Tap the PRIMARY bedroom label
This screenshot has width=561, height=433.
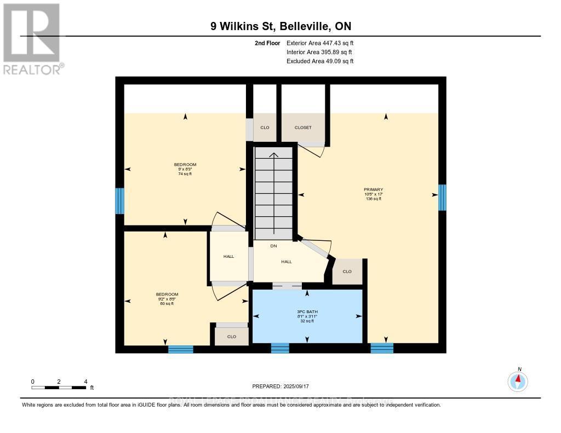[373, 189]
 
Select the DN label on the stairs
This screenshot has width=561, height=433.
[273, 246]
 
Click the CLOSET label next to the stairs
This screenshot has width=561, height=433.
[303, 128]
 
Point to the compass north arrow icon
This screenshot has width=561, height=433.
[518, 380]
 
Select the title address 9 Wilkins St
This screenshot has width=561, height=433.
[280, 26]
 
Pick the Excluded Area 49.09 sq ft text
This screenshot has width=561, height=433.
[320, 61]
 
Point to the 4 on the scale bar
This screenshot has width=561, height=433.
[85, 382]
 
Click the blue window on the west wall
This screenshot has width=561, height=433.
[119, 201]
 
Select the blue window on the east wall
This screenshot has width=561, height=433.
[442, 198]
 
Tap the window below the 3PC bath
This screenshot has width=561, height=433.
[280, 348]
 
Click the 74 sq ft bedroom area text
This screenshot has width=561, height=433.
[185, 174]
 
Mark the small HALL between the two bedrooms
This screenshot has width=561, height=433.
[228, 256]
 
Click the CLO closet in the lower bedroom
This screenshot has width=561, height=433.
[232, 337]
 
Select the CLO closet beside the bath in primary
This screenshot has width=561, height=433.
[347, 272]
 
